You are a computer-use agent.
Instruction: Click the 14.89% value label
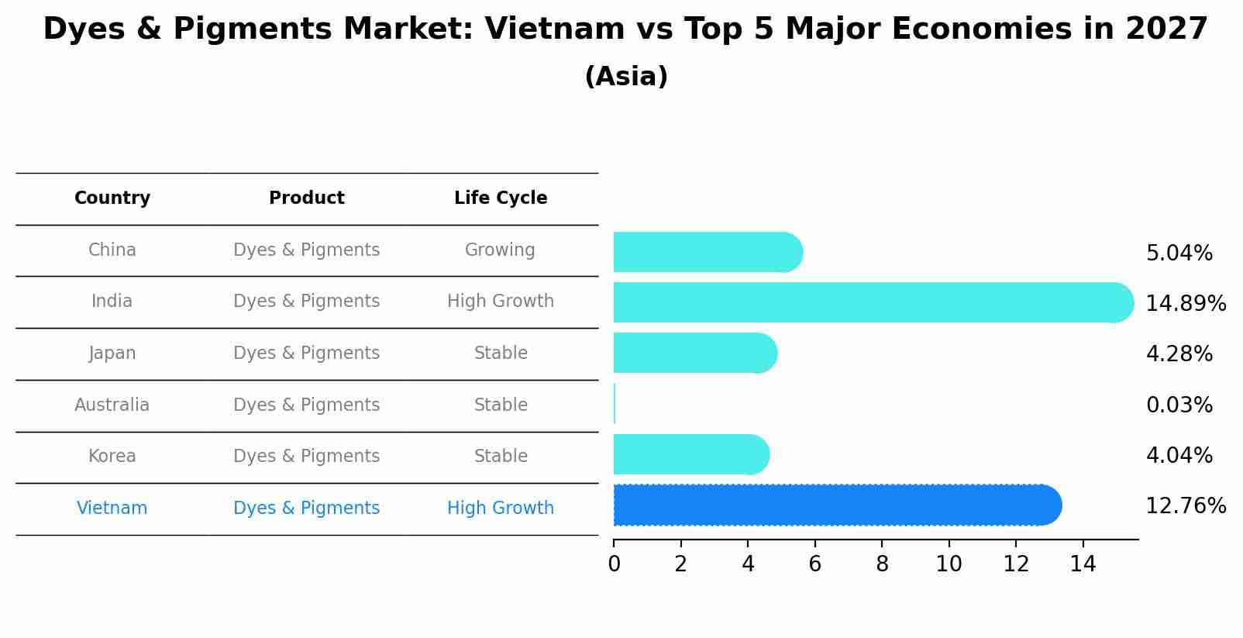(x=1186, y=303)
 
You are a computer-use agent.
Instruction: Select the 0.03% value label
(x=1179, y=405)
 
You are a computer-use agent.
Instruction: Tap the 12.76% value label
(x=1186, y=506)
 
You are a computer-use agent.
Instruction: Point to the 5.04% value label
(x=1179, y=253)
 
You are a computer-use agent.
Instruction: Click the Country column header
(x=112, y=198)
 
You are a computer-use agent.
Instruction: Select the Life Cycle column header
(x=501, y=198)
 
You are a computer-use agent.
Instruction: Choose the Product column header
(x=307, y=198)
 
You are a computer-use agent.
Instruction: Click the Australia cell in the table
(x=112, y=405)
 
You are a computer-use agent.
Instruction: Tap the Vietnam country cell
(x=112, y=508)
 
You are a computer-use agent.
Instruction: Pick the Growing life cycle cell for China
(x=500, y=250)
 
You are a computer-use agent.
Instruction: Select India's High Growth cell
(x=501, y=301)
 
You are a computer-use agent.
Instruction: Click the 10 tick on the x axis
(x=949, y=564)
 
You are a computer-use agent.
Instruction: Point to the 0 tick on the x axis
(x=614, y=564)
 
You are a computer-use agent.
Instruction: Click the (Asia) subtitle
(x=626, y=77)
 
